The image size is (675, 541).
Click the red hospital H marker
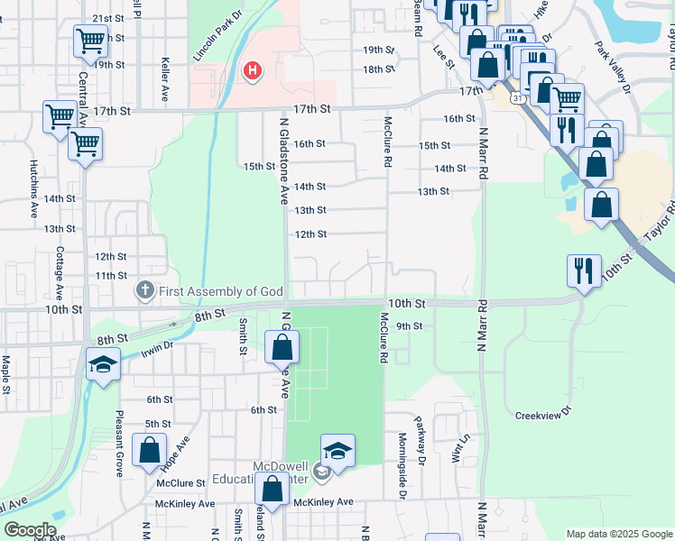(x=254, y=69)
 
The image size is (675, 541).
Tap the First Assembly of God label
(x=222, y=291)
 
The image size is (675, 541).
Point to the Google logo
(x=30, y=530)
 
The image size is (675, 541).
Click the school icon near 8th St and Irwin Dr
(x=103, y=365)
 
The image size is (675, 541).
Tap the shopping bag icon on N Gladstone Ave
(x=282, y=346)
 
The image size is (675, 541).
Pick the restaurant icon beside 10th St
(x=583, y=270)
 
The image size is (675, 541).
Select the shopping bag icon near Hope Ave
(x=149, y=449)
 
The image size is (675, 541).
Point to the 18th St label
(x=378, y=69)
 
